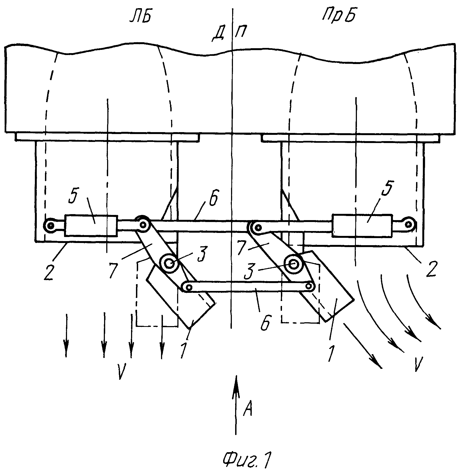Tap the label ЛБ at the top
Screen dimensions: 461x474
pyautogui.click(x=140, y=18)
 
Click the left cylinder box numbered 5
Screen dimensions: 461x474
pyautogui.click(x=91, y=226)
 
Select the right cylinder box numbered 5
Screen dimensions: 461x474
pyautogui.click(x=362, y=225)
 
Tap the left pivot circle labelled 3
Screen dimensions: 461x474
pyautogui.click(x=169, y=263)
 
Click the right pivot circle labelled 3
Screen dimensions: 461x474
pyautogui.click(x=293, y=263)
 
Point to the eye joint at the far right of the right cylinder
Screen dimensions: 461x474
pyautogui.click(x=408, y=224)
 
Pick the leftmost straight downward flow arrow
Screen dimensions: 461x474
pyautogui.click(x=66, y=335)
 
